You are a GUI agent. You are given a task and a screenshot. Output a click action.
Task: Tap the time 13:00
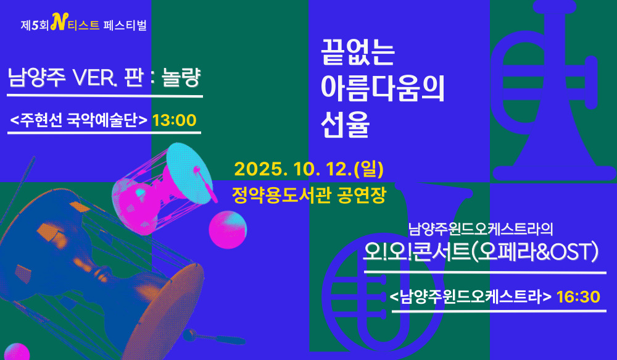click(x=175, y=120)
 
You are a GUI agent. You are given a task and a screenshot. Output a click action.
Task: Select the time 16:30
click(x=579, y=297)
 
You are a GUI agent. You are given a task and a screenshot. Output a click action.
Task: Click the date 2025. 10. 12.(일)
click(x=309, y=169)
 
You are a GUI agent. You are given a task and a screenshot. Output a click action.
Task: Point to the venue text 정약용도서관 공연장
click(x=309, y=195)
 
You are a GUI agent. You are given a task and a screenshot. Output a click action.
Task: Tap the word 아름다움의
click(x=383, y=88)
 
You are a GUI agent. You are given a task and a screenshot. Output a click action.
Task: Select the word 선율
click(x=345, y=124)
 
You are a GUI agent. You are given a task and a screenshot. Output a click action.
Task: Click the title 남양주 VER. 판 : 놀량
click(x=104, y=77)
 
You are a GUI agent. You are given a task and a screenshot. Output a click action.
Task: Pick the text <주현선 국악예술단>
click(x=79, y=120)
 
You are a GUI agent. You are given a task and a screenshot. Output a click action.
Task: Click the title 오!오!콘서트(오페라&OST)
click(x=481, y=252)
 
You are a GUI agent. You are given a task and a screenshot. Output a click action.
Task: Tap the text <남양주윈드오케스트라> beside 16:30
click(x=471, y=297)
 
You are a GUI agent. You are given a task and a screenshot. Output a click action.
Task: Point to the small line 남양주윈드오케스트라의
click(x=481, y=229)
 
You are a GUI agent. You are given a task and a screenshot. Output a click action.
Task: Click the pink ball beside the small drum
click(x=228, y=230)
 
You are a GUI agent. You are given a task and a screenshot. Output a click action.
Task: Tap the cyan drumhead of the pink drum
click(x=189, y=174)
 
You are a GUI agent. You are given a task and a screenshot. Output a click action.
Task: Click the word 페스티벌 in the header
click(x=125, y=25)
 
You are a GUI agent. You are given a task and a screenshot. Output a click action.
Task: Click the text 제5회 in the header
click(x=35, y=25)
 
